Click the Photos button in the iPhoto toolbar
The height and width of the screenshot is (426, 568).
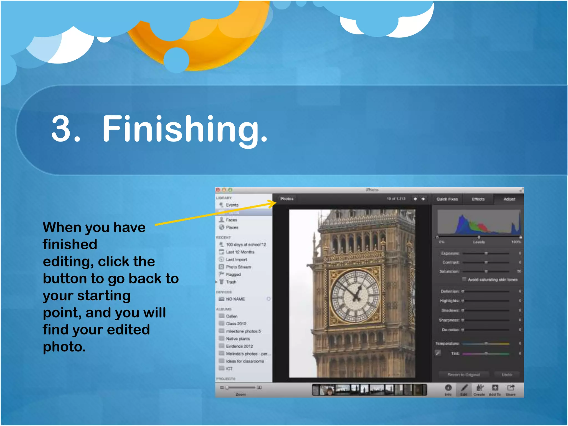point(286,199)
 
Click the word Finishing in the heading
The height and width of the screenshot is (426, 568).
point(185,129)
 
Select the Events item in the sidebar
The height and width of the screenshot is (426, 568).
point(232,205)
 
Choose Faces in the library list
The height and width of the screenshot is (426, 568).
point(231,220)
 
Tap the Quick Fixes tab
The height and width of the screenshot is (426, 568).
point(447,199)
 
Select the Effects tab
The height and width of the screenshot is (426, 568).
point(478,199)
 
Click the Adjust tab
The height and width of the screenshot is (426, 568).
point(509,199)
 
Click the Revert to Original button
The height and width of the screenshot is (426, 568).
point(463,375)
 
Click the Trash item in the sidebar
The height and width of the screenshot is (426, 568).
point(231,282)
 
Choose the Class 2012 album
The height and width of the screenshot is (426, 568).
point(236,324)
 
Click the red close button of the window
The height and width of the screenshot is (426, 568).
point(218,190)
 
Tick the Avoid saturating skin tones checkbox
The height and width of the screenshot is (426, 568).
point(464,279)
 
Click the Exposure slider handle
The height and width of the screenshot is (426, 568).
point(486,253)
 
